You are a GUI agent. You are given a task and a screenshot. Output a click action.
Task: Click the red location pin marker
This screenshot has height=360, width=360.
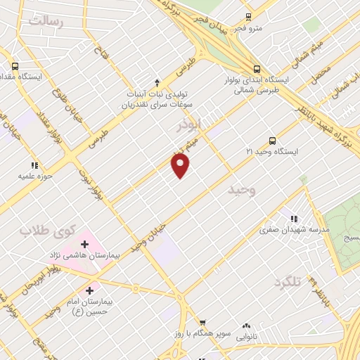pyautogui.click(x=181, y=166)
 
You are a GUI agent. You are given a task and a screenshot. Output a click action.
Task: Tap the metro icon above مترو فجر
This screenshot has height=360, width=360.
pyautogui.click(x=247, y=18)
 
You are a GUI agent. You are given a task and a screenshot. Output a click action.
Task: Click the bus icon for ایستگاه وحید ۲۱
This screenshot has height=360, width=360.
pyautogui.click(x=272, y=140)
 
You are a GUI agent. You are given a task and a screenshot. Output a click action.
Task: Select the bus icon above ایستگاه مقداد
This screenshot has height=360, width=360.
pyautogui.click(x=15, y=65)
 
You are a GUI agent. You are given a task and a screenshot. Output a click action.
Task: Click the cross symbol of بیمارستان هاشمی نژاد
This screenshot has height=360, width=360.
pyautogui.click(x=85, y=244)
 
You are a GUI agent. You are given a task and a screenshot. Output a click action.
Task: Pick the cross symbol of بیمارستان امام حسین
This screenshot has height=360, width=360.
pyautogui.click(x=89, y=290)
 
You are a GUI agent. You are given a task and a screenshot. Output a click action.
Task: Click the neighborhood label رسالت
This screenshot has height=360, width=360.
pyautogui.click(x=45, y=21)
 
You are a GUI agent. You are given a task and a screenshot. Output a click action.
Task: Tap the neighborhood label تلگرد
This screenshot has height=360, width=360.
pyautogui.click(x=288, y=282)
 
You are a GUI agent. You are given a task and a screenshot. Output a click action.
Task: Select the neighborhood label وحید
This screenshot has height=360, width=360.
pyautogui.click(x=242, y=190)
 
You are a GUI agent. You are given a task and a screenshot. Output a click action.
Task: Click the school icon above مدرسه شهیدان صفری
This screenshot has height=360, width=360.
pyautogui.click(x=294, y=219)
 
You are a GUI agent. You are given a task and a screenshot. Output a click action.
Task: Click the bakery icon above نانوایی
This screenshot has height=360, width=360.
pyautogui.click(x=246, y=326)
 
